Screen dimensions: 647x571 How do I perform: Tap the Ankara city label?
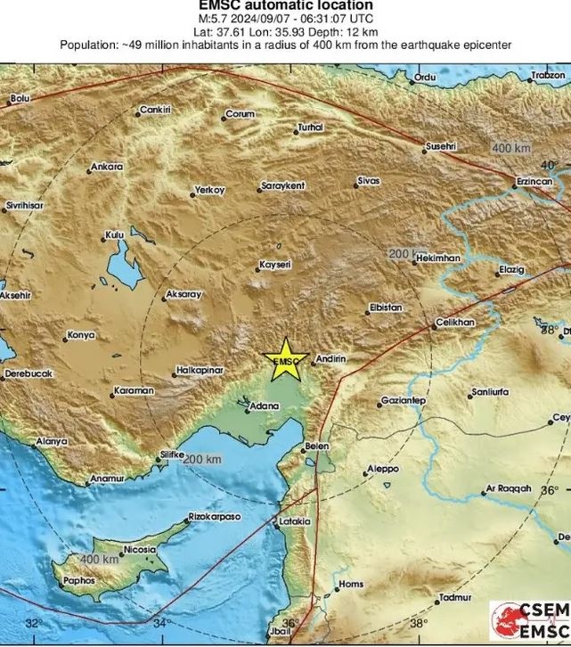coord(107,167)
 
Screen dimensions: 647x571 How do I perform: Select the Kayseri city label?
coord(274,265)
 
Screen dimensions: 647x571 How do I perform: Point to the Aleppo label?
coord(384,470)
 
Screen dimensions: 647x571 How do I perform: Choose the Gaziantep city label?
coord(404,401)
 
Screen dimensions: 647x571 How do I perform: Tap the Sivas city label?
coord(369,181)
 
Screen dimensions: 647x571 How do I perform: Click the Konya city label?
coord(80,336)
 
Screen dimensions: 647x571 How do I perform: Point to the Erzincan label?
coord(534,181)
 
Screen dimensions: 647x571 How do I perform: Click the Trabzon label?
coord(548,77)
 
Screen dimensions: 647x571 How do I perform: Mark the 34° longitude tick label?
coord(161,623)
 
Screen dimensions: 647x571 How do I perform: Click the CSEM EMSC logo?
coord(529,622)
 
